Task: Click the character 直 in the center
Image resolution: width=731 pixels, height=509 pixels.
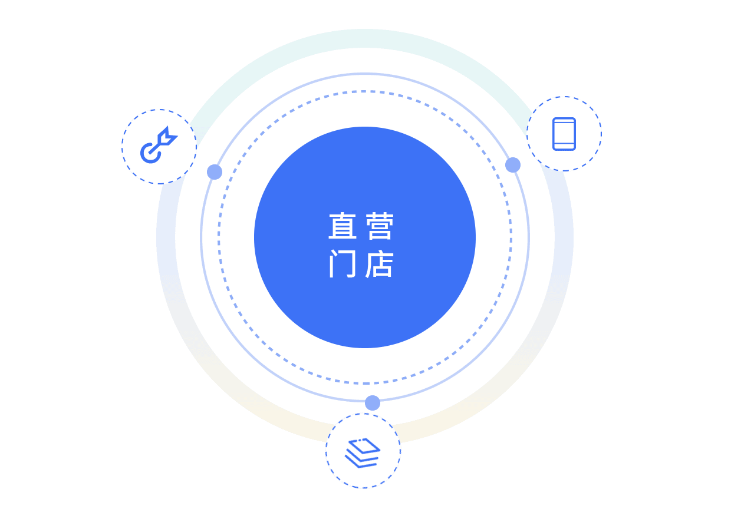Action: click(342, 226)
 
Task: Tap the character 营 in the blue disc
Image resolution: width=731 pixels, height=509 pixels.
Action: click(380, 226)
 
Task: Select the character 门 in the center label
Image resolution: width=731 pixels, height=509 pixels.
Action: click(342, 263)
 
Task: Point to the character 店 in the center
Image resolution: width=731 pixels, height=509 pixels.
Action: click(380, 263)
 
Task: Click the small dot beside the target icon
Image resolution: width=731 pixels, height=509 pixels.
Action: click(215, 172)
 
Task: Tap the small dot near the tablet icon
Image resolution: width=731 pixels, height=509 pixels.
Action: click(513, 165)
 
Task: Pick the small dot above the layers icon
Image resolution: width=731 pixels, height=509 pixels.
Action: click(373, 403)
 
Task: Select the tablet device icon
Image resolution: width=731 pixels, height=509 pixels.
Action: click(564, 134)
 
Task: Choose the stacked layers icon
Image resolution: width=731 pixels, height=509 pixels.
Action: click(363, 453)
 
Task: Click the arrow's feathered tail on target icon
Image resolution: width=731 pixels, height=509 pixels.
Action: click(167, 136)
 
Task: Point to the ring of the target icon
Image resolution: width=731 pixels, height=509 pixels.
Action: click(150, 153)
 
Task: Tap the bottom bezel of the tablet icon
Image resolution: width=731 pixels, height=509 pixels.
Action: click(564, 147)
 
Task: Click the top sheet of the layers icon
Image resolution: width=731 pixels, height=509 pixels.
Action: click(364, 446)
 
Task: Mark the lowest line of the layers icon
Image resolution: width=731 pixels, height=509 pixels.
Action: click(361, 462)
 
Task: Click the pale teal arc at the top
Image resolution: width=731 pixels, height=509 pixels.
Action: click(365, 38)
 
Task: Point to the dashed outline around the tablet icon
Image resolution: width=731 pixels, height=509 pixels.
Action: click(564, 97)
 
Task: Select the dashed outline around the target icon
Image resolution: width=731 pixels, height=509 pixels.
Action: click(159, 110)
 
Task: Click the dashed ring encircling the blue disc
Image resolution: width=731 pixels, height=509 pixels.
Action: click(365, 92)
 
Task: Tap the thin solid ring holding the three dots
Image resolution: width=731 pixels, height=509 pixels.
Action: click(365, 74)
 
